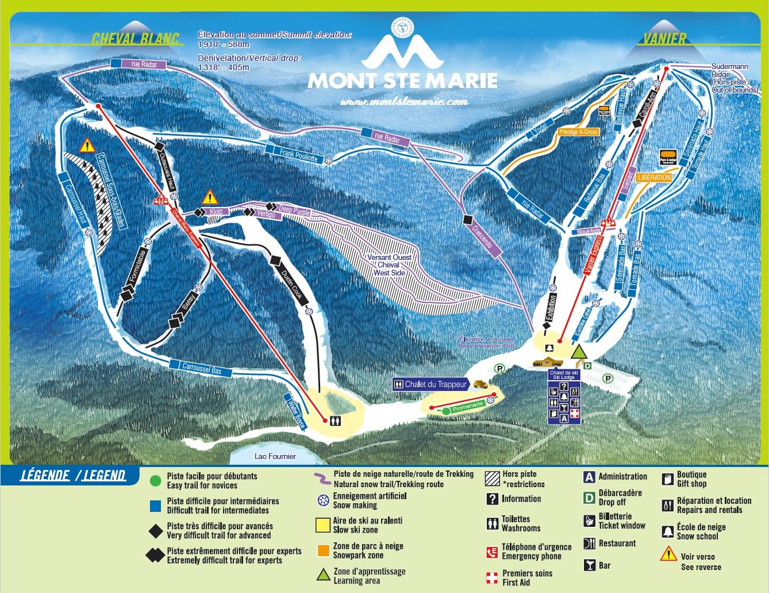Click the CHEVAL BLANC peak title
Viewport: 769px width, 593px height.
point(136,39)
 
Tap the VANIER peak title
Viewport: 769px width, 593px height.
point(664,39)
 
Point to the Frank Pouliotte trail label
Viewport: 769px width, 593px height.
point(299,154)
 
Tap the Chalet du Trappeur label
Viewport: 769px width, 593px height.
point(436,384)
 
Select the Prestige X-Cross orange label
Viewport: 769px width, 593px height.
point(578,132)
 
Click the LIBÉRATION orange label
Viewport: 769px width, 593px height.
point(654,178)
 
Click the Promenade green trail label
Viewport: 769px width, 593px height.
point(468,407)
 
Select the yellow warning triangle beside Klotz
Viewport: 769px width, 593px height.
point(210,198)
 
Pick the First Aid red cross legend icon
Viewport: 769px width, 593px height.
point(491,577)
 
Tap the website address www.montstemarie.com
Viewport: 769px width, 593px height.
point(403,102)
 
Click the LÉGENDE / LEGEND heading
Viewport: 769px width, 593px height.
point(73,475)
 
